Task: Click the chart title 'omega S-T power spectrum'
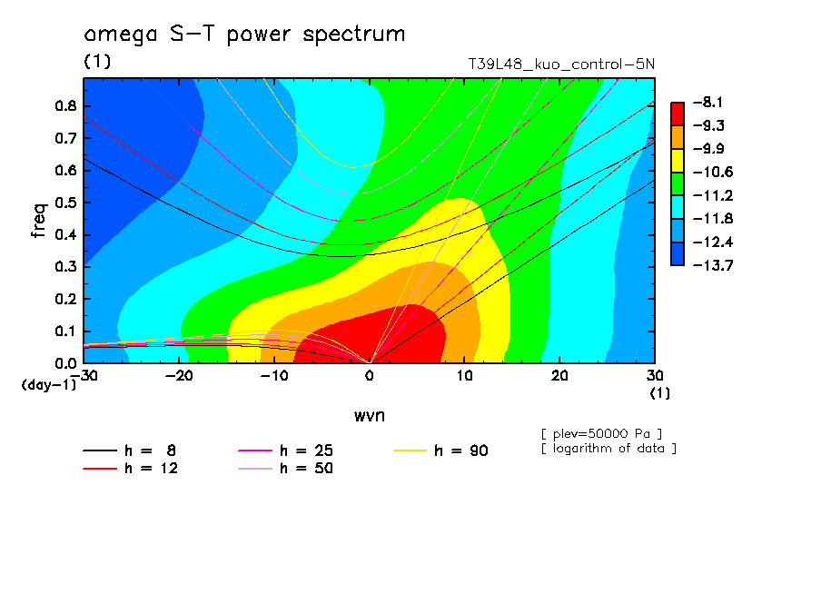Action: point(244,35)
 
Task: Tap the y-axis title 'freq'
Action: point(38,220)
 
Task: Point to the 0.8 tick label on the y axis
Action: point(64,105)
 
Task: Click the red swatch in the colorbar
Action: point(678,114)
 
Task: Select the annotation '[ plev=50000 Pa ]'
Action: point(601,432)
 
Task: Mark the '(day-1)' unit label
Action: point(49,385)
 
